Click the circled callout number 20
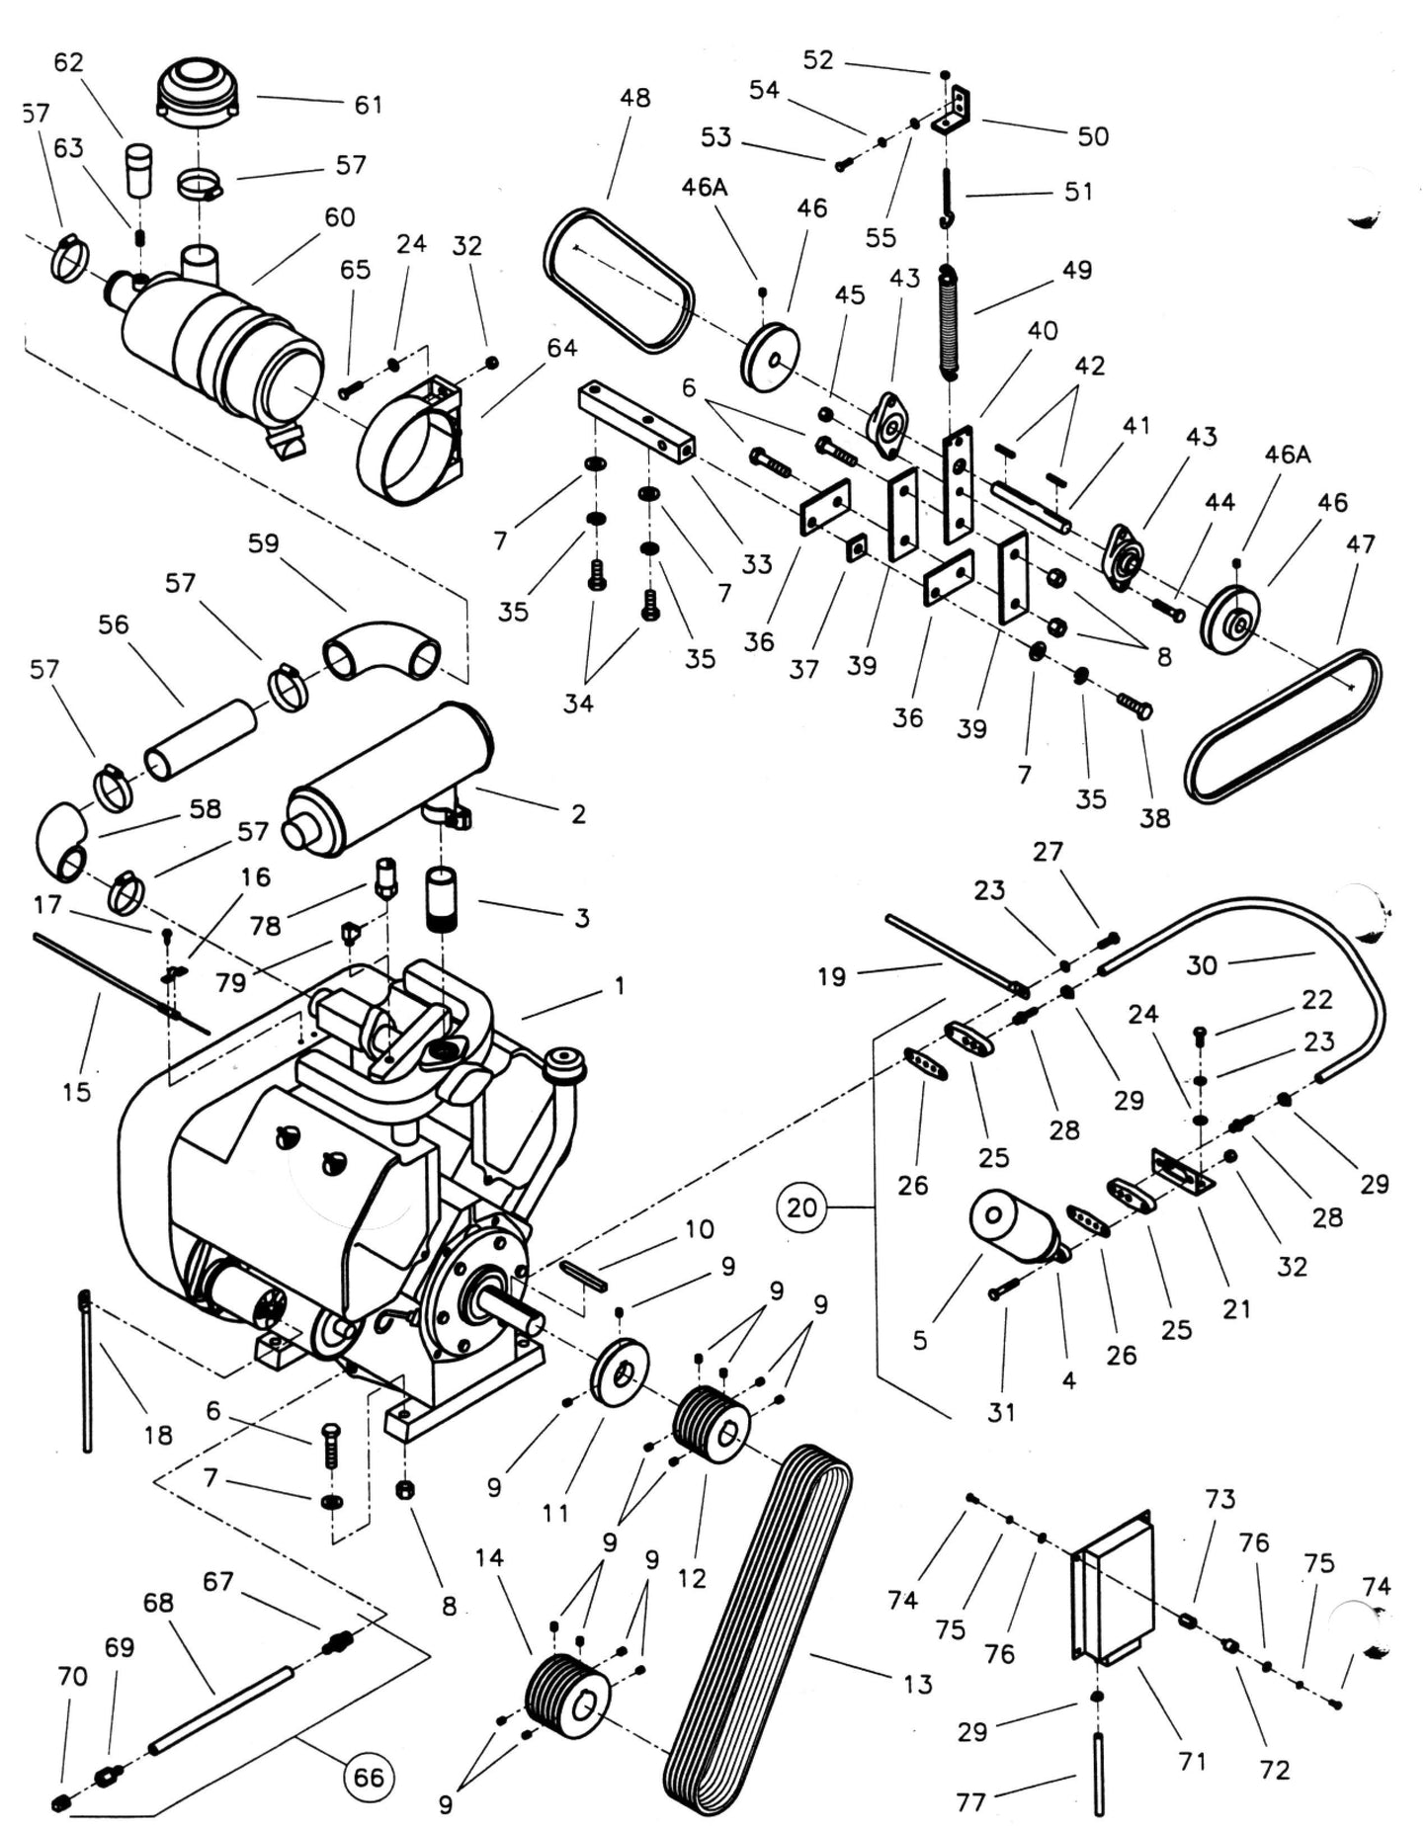click(801, 1206)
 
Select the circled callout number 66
click(368, 1777)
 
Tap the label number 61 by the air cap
click(368, 104)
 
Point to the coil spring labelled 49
click(949, 321)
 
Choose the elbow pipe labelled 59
click(381, 650)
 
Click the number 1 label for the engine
click(620, 985)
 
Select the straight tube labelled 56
click(201, 739)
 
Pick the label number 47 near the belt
click(1360, 543)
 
